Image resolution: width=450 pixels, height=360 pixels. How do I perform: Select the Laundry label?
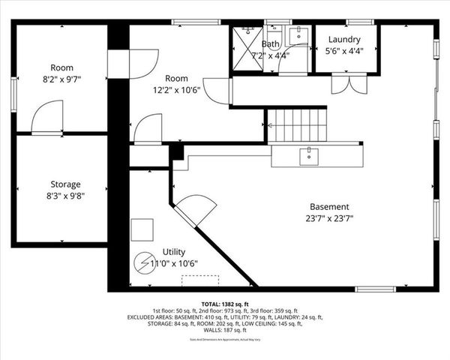[343, 40]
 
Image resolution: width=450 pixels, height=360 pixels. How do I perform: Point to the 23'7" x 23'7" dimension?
[329, 219]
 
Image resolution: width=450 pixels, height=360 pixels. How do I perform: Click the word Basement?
[329, 207]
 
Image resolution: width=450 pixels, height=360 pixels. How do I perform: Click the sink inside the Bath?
[297, 34]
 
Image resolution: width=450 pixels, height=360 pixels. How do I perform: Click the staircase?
[297, 125]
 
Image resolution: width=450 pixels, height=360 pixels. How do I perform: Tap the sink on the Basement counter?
[308, 155]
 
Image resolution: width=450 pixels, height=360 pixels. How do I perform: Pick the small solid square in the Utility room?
[142, 229]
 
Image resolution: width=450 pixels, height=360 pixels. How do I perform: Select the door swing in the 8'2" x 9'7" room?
[46, 118]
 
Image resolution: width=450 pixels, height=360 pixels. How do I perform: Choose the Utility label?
[173, 252]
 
